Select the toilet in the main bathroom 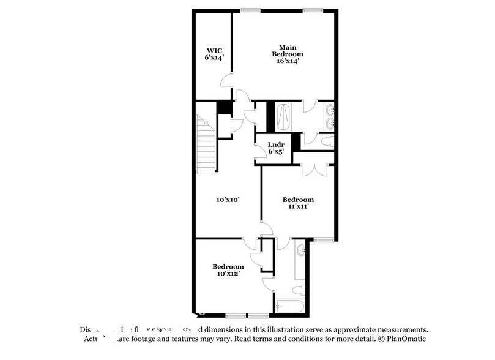click(x=327, y=141)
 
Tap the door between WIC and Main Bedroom click(x=228, y=80)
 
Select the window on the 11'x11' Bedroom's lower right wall click(x=325, y=239)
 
